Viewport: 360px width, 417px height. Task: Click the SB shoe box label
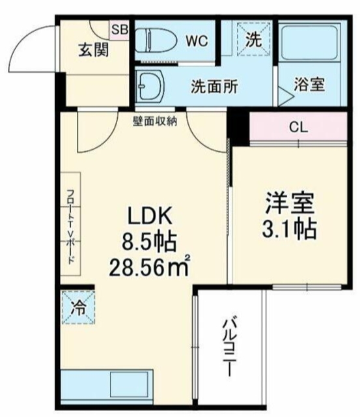pyautogui.click(x=119, y=29)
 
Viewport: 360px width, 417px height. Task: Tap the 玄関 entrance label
pyautogui.click(x=94, y=50)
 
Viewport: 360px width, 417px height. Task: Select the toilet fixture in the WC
pyautogui.click(x=156, y=41)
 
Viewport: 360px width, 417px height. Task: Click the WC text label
pyautogui.click(x=197, y=41)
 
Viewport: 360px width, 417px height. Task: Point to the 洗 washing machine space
pyautogui.click(x=254, y=40)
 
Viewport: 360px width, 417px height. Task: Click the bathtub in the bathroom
pyautogui.click(x=310, y=42)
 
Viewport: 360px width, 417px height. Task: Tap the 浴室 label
pyautogui.click(x=309, y=85)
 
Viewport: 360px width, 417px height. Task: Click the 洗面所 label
pyautogui.click(x=214, y=87)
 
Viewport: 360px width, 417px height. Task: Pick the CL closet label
pyautogui.click(x=298, y=127)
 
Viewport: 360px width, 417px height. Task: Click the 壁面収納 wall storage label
pyautogui.click(x=155, y=121)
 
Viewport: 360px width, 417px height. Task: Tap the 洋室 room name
pyautogui.click(x=290, y=203)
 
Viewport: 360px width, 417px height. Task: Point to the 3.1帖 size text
pyautogui.click(x=289, y=229)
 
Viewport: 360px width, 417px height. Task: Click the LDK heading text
pyautogui.click(x=150, y=216)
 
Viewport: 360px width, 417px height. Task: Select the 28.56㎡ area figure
pyautogui.click(x=149, y=266)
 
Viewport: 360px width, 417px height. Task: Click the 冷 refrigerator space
pyautogui.click(x=78, y=307)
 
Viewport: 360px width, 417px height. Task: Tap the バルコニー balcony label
pyautogui.click(x=229, y=346)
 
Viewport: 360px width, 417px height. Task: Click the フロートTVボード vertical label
pyautogui.click(x=70, y=226)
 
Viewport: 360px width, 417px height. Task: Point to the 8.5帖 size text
pyautogui.click(x=149, y=242)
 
